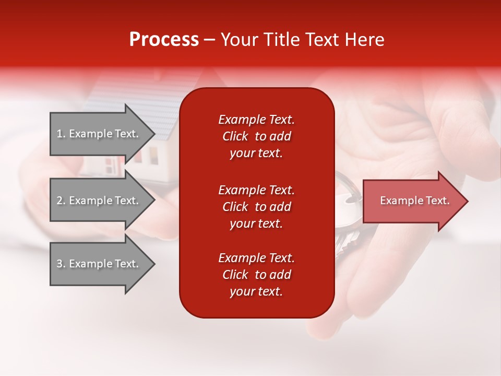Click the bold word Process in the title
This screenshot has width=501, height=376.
(x=164, y=40)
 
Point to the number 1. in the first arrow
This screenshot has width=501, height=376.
(x=61, y=134)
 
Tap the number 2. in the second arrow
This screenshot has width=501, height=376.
(x=61, y=201)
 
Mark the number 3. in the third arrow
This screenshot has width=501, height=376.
(x=61, y=264)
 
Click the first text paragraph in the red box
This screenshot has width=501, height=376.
(x=256, y=136)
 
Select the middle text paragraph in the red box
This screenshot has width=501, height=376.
(x=256, y=207)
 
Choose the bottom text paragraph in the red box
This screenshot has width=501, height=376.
(x=256, y=275)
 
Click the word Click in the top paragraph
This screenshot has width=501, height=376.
(x=235, y=136)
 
